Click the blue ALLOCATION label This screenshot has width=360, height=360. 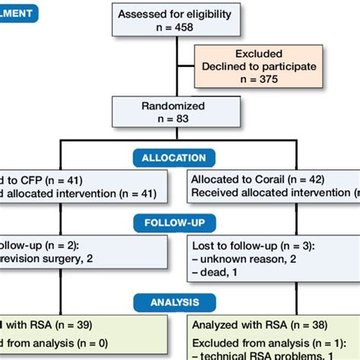pos(174,157)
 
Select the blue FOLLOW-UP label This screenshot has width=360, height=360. pos(173,223)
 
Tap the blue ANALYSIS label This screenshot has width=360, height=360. pos(174,301)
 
